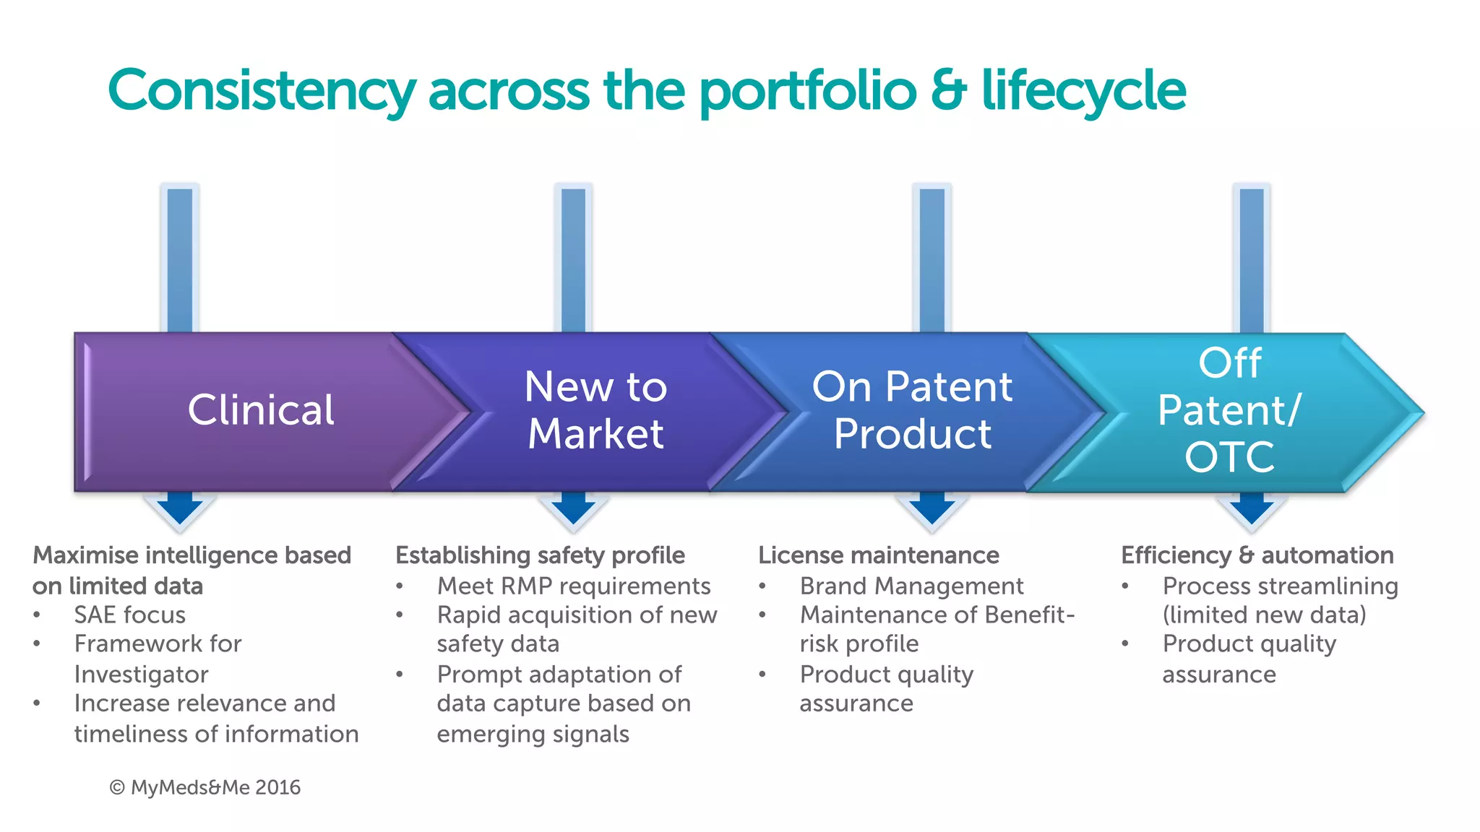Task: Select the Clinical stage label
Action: coord(261,410)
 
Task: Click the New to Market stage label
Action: coord(595,410)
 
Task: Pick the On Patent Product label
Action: coord(912,410)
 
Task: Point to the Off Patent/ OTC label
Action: coord(1229,410)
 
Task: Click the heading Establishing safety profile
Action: coord(540,555)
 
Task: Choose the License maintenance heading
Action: coord(878,555)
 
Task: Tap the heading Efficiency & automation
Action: coord(1257,555)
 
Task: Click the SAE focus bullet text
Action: coord(130,615)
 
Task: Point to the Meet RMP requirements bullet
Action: coord(574,586)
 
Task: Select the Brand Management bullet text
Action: coord(911,586)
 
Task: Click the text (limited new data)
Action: coord(1264,615)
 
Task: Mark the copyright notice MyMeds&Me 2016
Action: coord(205,787)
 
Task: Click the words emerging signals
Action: coord(533,734)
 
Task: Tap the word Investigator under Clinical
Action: coord(141,674)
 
